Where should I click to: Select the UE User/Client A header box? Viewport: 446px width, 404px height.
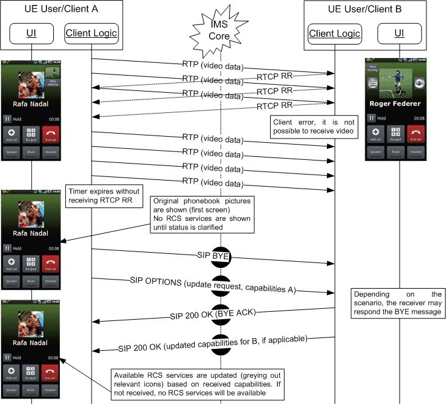[60, 9]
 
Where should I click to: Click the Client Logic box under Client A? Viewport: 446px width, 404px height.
[91, 33]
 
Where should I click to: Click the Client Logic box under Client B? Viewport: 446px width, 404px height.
[334, 33]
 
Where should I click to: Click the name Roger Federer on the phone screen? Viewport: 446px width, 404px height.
[395, 104]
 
